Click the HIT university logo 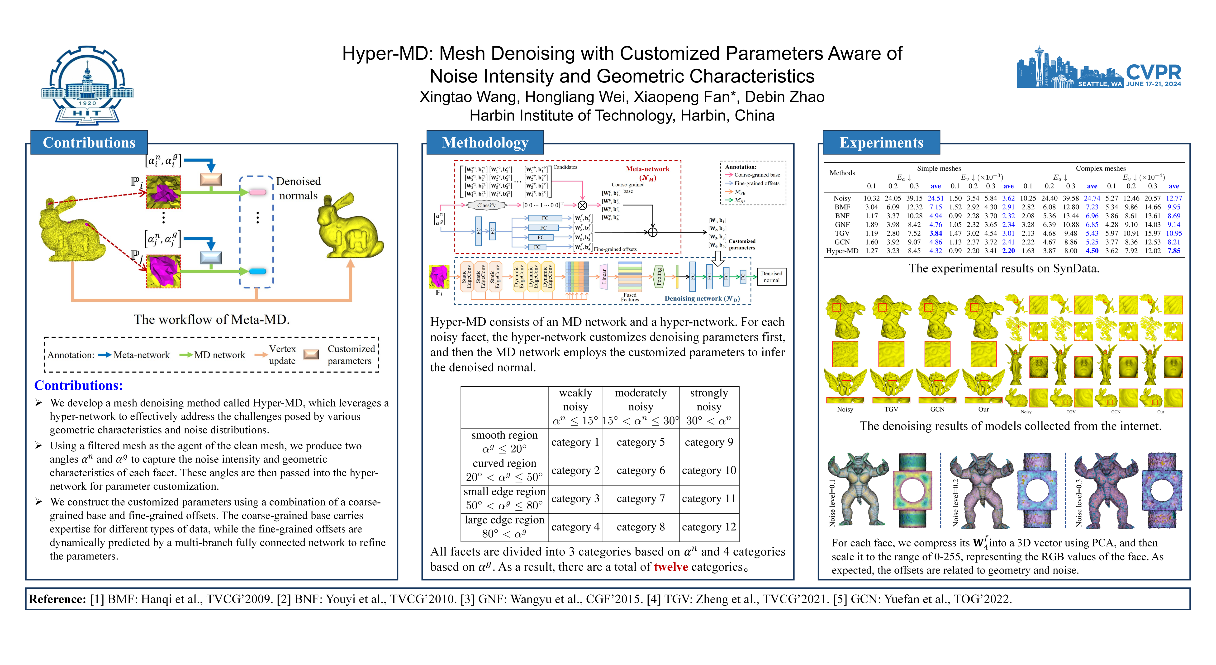coord(87,85)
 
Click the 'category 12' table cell coord(708,527)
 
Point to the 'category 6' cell coord(641,470)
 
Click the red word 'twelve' coord(671,567)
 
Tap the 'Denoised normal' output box coord(771,277)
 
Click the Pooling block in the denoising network coord(660,277)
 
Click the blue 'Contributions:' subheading coord(78,385)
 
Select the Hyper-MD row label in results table coord(842,251)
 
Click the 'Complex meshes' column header coord(1100,168)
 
